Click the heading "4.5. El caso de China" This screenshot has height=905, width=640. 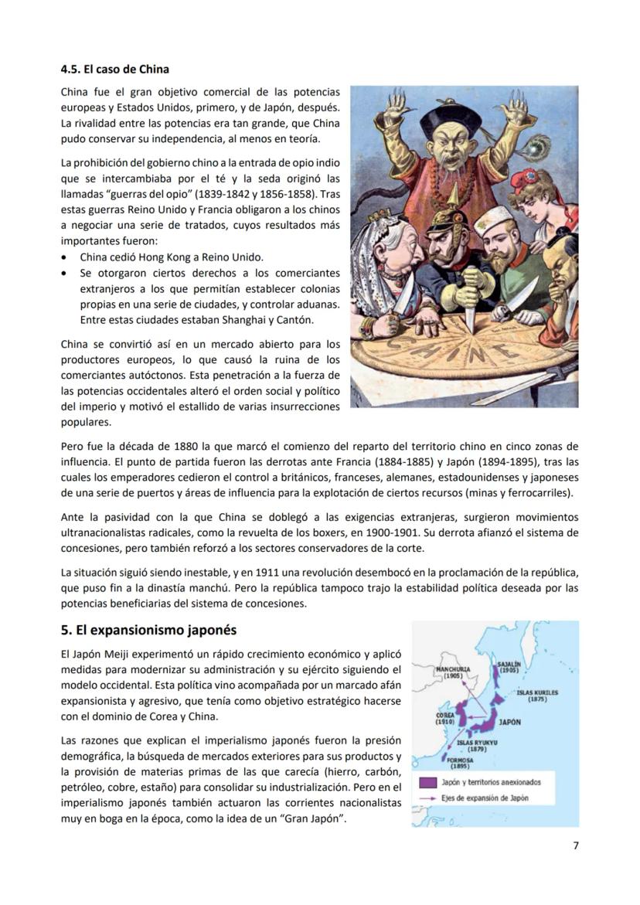tap(115, 69)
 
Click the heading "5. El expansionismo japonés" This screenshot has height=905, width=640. tap(148, 630)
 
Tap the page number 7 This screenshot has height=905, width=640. tap(575, 845)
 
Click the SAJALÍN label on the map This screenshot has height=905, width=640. tap(509, 667)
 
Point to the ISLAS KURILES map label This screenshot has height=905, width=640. tap(537, 696)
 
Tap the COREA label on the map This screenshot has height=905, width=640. tap(444, 718)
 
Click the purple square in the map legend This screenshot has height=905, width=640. tap(427, 782)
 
